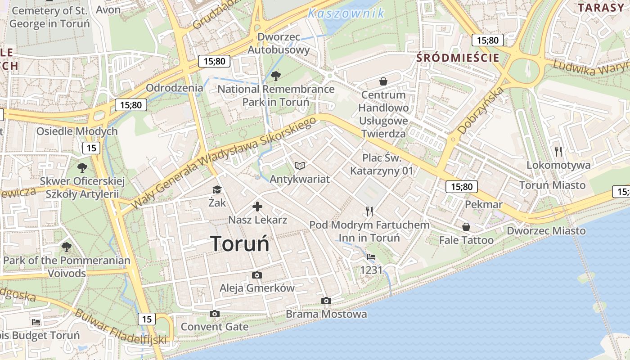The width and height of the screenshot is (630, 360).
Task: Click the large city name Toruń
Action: (x=240, y=244)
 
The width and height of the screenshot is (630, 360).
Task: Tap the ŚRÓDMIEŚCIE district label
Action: (x=458, y=58)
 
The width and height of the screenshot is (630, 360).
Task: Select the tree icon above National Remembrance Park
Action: (x=276, y=76)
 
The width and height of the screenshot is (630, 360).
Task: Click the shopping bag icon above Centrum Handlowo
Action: (x=383, y=81)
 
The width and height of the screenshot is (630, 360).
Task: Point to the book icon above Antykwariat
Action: (x=300, y=166)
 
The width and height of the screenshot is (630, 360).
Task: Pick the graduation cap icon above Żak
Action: (x=217, y=189)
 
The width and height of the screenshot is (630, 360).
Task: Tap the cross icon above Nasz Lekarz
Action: (x=257, y=207)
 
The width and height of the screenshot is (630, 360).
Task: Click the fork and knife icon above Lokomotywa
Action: (x=558, y=151)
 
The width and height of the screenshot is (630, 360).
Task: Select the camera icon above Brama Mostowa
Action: (x=326, y=301)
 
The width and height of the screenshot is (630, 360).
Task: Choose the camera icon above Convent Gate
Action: (x=215, y=314)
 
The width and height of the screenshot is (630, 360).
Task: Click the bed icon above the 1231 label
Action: (x=371, y=257)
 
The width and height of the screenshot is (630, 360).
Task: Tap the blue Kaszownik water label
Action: (x=346, y=13)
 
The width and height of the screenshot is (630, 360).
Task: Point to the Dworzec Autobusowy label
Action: (x=279, y=43)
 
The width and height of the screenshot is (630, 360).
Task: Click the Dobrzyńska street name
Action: (x=481, y=110)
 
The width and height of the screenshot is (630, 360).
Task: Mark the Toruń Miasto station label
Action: (x=552, y=185)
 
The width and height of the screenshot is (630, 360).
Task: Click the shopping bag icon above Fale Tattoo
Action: (x=466, y=227)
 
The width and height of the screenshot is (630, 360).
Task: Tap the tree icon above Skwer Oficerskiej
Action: (x=82, y=168)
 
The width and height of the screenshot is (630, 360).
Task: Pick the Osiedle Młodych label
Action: (x=77, y=131)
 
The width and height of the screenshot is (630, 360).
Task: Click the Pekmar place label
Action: (x=483, y=204)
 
